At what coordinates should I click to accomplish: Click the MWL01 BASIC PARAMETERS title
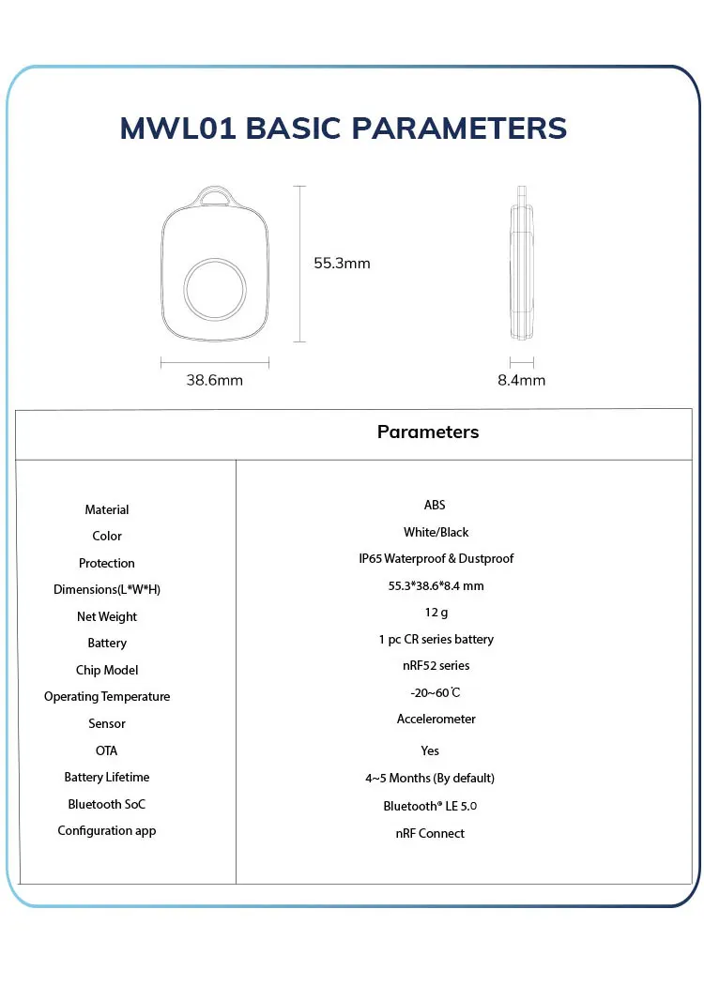pyautogui.click(x=344, y=129)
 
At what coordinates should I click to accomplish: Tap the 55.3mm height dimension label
pyautogui.click(x=342, y=264)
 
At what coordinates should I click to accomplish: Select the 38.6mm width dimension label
pyautogui.click(x=214, y=380)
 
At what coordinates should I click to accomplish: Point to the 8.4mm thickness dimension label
pyautogui.click(x=521, y=380)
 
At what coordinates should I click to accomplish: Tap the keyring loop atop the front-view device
pyautogui.click(x=215, y=196)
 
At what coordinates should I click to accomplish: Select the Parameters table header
pyautogui.click(x=428, y=432)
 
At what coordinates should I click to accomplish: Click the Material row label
pyautogui.click(x=107, y=509)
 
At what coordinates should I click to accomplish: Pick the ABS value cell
pyautogui.click(x=435, y=506)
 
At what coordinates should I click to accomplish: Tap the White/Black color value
pyautogui.click(x=436, y=532)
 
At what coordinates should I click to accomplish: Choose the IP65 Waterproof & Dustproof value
pyautogui.click(x=436, y=559)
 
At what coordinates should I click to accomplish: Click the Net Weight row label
pyautogui.click(x=107, y=616)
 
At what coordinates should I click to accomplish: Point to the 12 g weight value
pyautogui.click(x=436, y=613)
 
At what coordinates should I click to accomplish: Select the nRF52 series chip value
pyautogui.click(x=436, y=666)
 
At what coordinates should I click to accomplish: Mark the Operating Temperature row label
pyautogui.click(x=107, y=696)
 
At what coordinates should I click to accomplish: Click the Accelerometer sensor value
pyautogui.click(x=436, y=720)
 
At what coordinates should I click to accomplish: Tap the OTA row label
pyautogui.click(x=107, y=750)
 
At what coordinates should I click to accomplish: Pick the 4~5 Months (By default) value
pyautogui.click(x=430, y=778)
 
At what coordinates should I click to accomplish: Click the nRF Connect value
pyautogui.click(x=430, y=833)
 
